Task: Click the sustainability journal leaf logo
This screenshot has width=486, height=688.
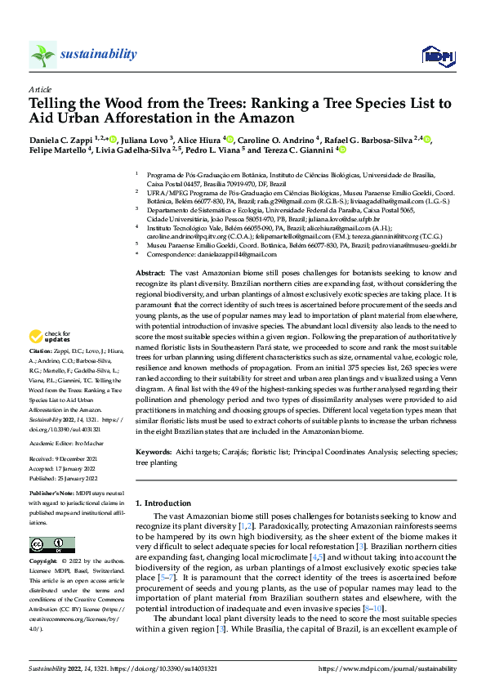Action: (x=42, y=54)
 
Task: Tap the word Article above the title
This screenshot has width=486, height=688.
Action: (x=40, y=89)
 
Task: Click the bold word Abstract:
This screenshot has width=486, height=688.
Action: (x=149, y=271)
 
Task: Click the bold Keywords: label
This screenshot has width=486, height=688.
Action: (x=154, y=452)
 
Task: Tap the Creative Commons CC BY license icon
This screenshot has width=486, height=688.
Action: (x=47, y=545)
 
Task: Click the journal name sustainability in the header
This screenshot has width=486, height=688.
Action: (x=98, y=54)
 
